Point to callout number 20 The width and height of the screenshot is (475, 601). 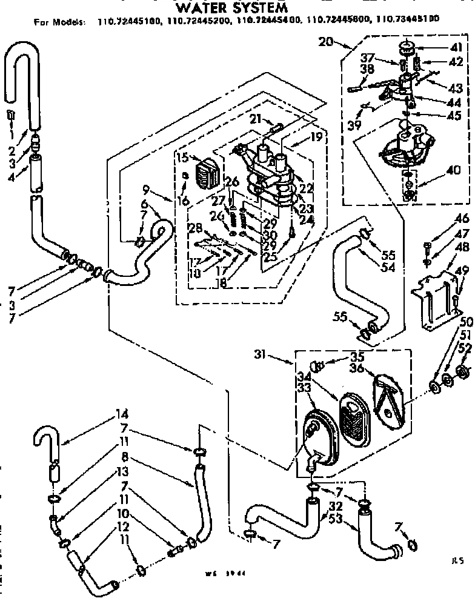pyautogui.click(x=326, y=42)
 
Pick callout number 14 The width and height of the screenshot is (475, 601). pyautogui.click(x=122, y=415)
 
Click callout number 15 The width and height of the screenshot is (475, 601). pyautogui.click(x=182, y=158)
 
